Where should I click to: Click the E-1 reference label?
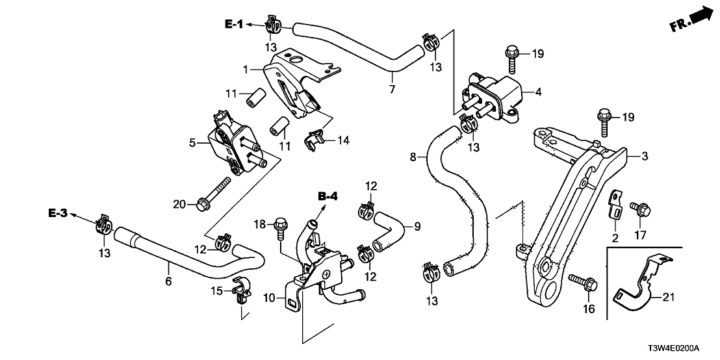pos(234,25)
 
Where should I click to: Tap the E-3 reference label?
pos(58,213)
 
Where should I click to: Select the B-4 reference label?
pos(328,196)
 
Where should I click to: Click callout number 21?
pos(669,298)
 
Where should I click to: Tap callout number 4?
pos(537,92)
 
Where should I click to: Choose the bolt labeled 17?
pos(639,209)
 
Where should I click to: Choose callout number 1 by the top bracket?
pos(247,68)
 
